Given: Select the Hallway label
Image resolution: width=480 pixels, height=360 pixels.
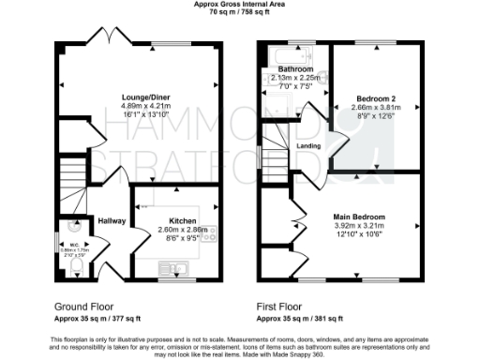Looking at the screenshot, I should [x=112, y=220].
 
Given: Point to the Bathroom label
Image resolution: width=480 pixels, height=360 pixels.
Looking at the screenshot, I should [x=294, y=69].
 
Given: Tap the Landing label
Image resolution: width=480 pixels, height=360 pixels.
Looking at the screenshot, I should [x=307, y=144].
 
